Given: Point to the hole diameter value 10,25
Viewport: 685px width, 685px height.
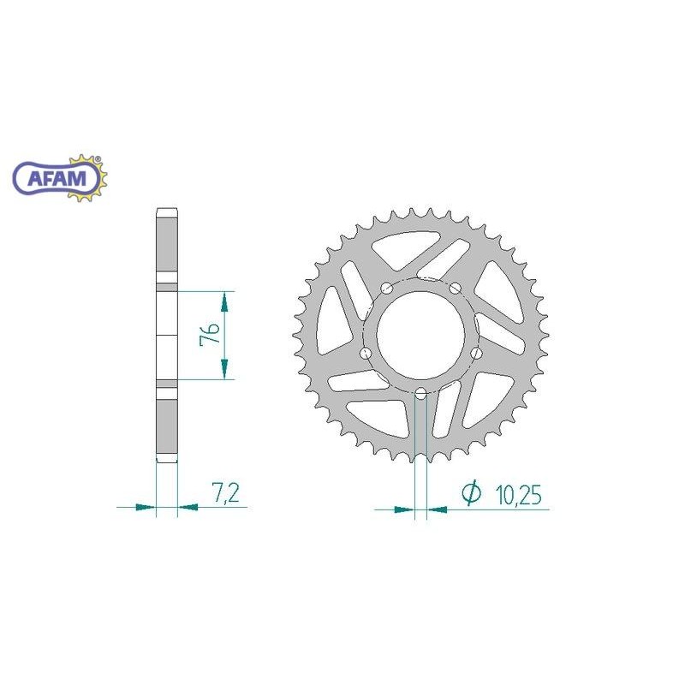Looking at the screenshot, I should pyautogui.click(x=516, y=494).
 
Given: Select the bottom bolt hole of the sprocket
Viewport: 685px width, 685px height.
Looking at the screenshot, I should pyautogui.click(x=420, y=395).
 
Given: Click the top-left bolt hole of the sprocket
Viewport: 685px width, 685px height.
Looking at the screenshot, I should pyautogui.click(x=386, y=288).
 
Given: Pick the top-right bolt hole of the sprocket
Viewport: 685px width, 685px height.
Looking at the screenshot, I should pyautogui.click(x=455, y=288).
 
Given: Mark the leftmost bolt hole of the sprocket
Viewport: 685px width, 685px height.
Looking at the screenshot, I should pyautogui.click(x=366, y=353).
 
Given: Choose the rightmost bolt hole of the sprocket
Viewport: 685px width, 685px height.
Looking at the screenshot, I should pyautogui.click(x=476, y=353).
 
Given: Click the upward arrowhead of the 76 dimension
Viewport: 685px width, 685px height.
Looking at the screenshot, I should pyautogui.click(x=225, y=301).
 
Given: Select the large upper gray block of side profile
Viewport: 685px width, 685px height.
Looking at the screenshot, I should pyautogui.click(x=166, y=248).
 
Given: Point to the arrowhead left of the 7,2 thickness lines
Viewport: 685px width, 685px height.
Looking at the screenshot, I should pyautogui.click(x=146, y=508).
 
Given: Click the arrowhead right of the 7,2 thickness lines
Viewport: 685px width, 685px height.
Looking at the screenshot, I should pyautogui.click(x=188, y=508).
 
